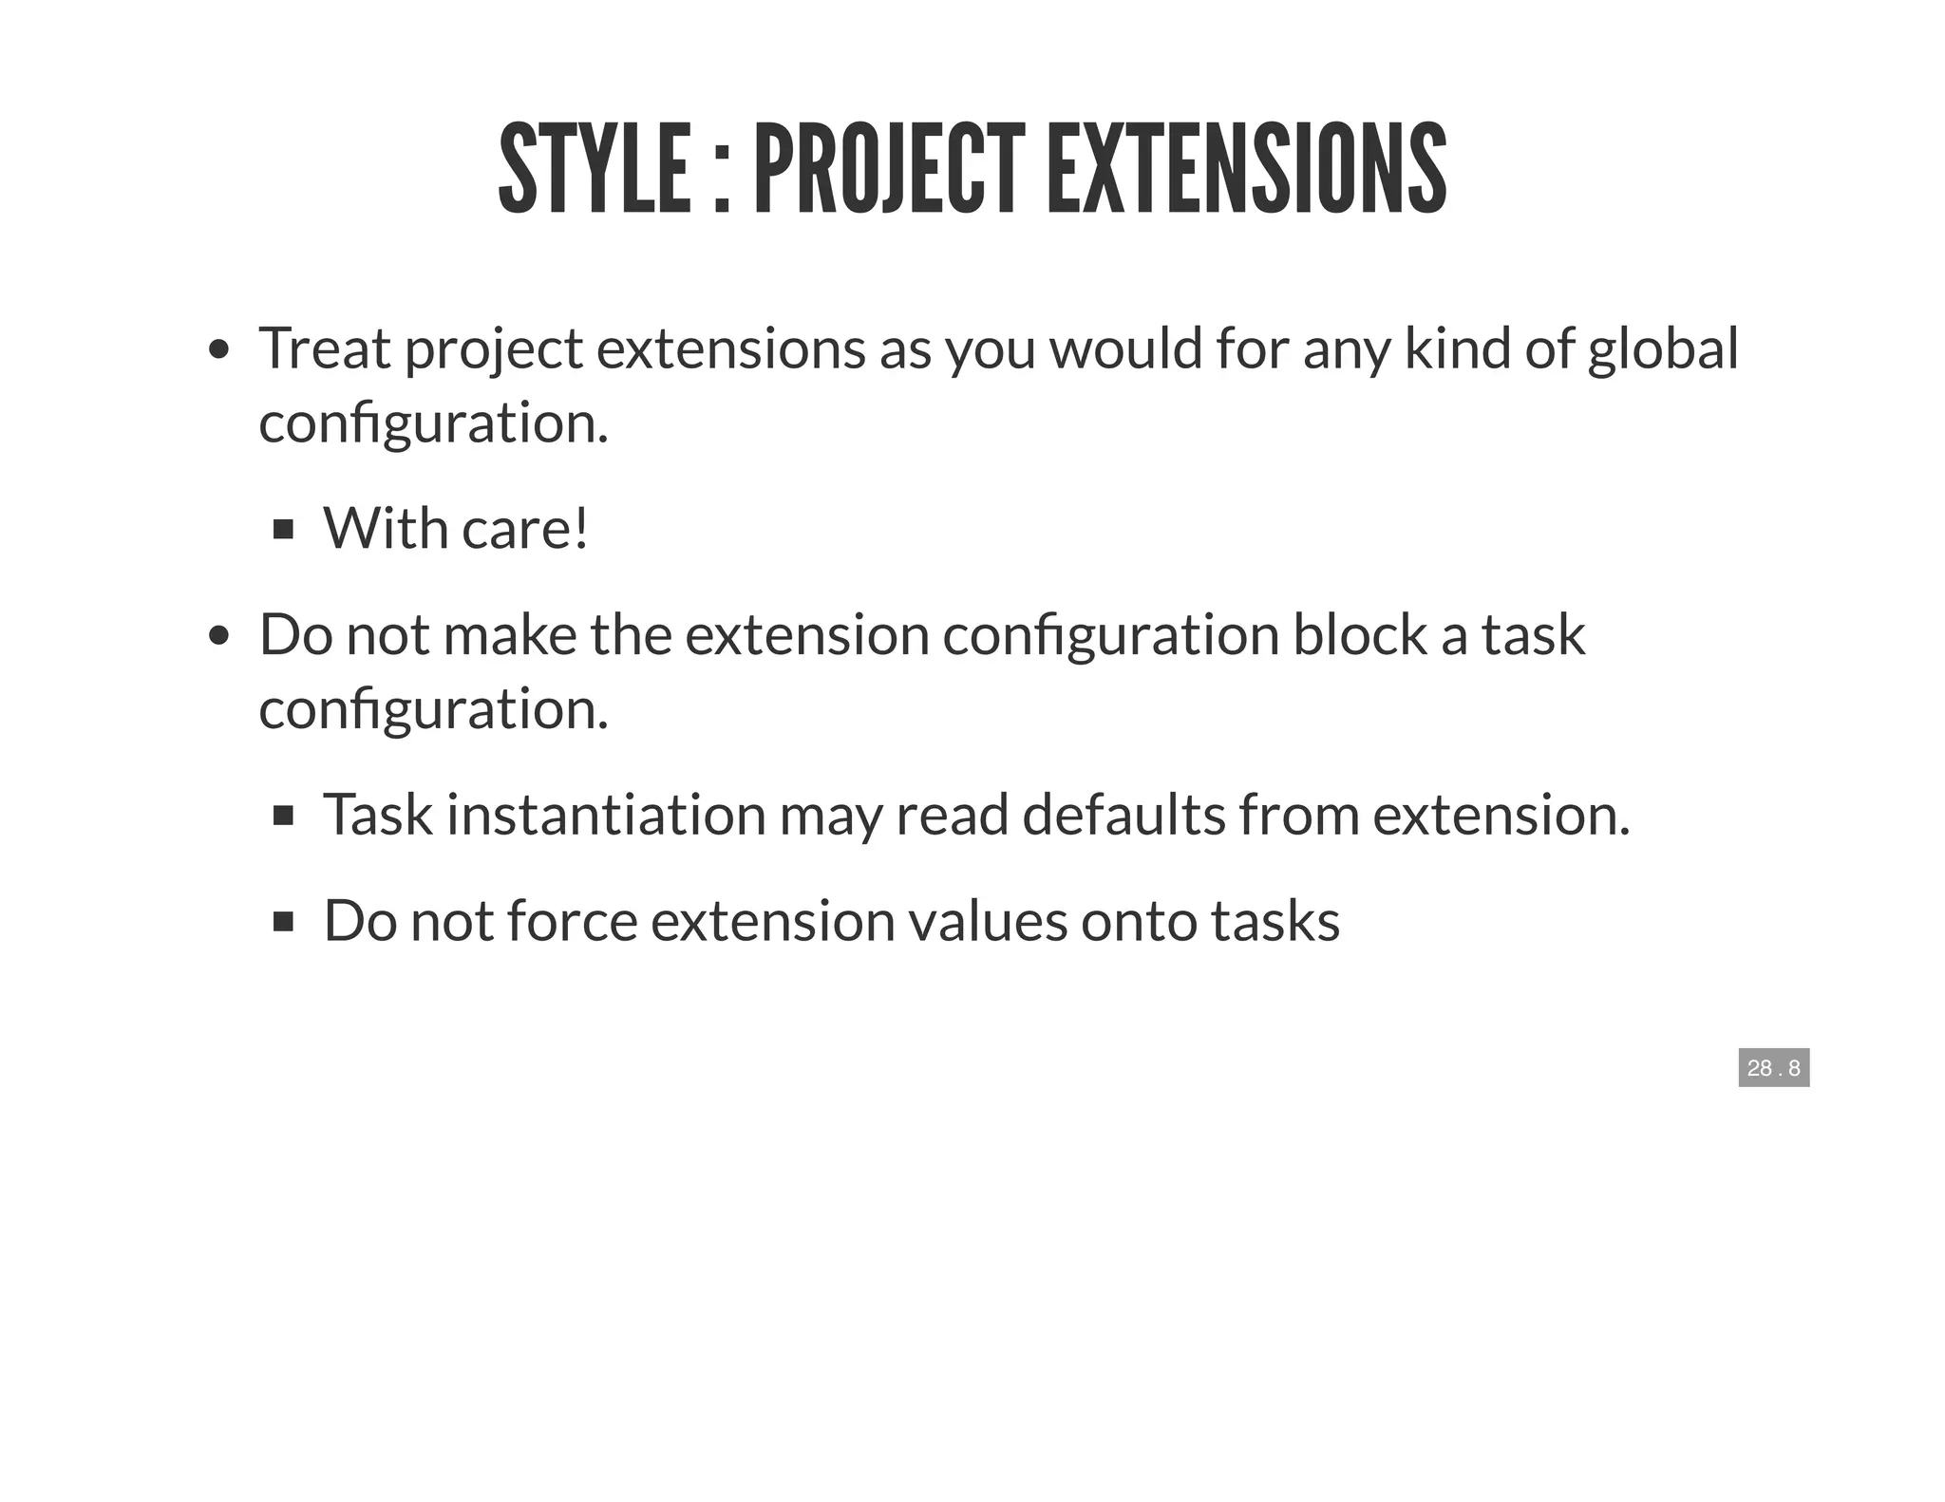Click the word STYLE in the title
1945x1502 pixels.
tap(595, 169)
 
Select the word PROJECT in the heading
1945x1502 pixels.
tap(889, 169)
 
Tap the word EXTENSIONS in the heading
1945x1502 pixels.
tap(1246, 169)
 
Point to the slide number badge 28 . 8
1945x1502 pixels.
tap(1773, 1068)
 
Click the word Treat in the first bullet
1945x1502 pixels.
tap(324, 348)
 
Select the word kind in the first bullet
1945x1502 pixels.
tap(1458, 348)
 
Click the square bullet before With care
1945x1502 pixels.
tap(283, 529)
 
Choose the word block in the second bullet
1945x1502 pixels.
tap(1359, 634)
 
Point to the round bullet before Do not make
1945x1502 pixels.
tap(219, 635)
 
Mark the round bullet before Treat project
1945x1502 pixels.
tap(219, 349)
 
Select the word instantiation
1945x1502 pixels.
tap(606, 815)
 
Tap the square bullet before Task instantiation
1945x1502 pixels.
tap(283, 816)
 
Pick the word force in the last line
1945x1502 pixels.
tap(572, 921)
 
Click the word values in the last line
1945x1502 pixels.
tap(988, 921)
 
